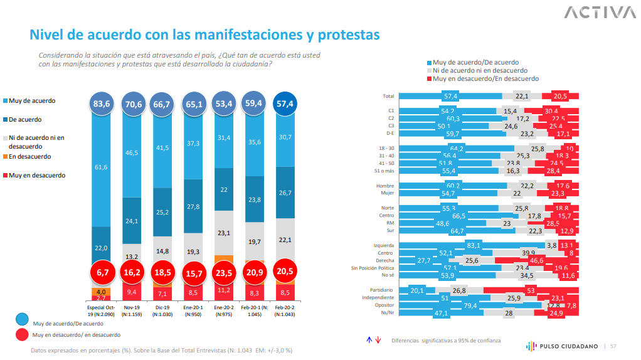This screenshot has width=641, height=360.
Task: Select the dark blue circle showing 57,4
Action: point(285,103)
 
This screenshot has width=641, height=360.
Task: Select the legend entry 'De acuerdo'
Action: point(26,119)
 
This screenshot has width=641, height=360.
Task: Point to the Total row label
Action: point(388,96)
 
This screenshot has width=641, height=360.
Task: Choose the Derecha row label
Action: point(384,260)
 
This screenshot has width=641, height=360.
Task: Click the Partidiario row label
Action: point(382,290)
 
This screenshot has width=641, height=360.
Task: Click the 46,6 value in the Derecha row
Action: point(538,260)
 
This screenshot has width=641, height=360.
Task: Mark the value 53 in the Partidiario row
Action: point(531,290)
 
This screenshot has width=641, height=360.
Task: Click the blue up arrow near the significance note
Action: point(369,340)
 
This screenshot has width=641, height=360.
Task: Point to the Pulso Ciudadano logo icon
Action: point(530,346)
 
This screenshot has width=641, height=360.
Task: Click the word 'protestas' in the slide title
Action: point(341,34)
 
